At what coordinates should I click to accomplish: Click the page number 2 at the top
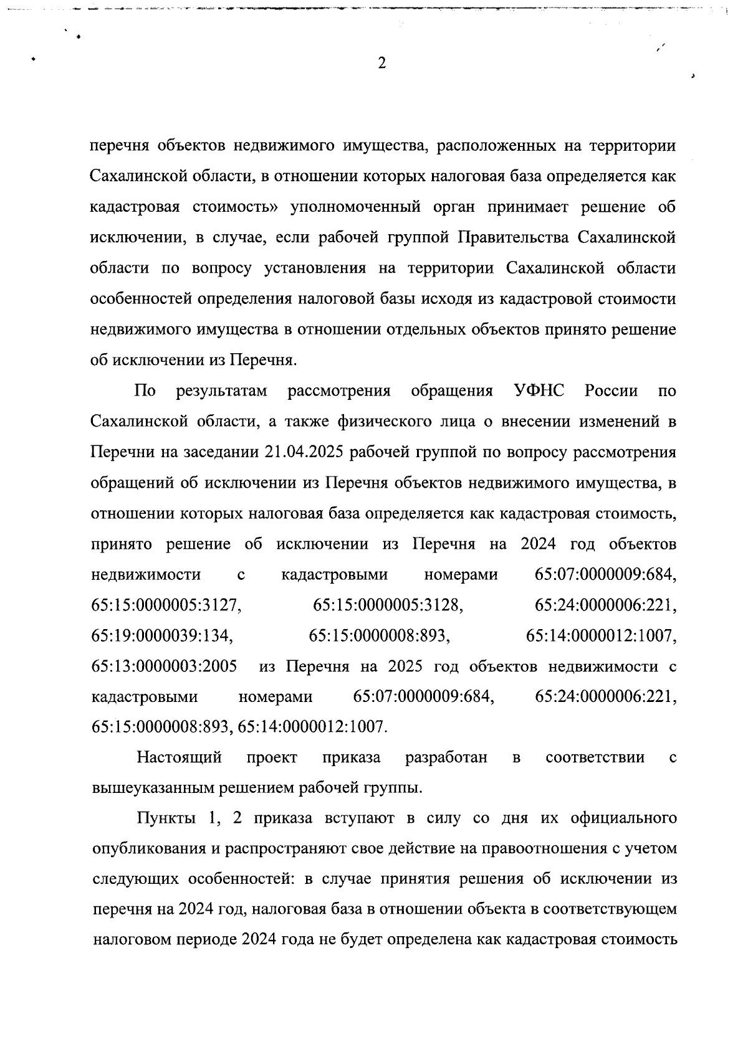[381, 63]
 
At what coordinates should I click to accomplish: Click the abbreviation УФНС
[539, 391]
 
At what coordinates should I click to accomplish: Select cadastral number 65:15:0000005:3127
[166, 605]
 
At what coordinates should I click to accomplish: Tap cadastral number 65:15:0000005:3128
[388, 605]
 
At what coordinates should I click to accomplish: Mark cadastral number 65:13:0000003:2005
[164, 666]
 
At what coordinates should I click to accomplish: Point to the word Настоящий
[180, 758]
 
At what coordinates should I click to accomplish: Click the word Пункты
[162, 818]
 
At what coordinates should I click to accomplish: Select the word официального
[623, 818]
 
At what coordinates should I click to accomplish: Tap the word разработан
[446, 758]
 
